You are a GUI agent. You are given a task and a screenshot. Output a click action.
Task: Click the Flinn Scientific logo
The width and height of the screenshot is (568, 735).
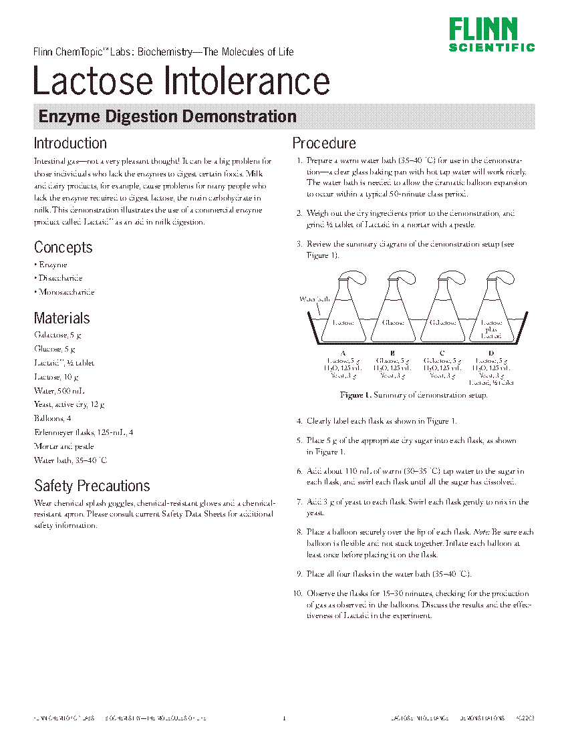pyautogui.click(x=491, y=35)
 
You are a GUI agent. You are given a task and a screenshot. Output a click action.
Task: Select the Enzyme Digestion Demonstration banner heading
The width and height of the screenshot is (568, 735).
pyautogui.click(x=168, y=116)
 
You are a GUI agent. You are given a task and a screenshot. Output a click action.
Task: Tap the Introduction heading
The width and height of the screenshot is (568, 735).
pyautogui.click(x=70, y=143)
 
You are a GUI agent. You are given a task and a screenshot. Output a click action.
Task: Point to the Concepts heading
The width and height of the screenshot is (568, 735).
pyautogui.click(x=63, y=247)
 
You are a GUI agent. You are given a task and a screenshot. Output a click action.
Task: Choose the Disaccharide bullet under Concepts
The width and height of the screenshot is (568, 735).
pyautogui.click(x=60, y=278)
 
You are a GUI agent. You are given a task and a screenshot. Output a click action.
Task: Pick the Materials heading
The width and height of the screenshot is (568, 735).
pyautogui.click(x=62, y=318)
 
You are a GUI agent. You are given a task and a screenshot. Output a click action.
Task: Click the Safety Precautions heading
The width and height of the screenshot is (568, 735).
pyautogui.click(x=92, y=486)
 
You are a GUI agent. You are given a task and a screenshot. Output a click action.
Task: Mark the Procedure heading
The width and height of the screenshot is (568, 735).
pyautogui.click(x=324, y=143)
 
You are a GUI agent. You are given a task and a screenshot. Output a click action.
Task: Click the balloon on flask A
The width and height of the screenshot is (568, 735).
pyautogui.click(x=353, y=279)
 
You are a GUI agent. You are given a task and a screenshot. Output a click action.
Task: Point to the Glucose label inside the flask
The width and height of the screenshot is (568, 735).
pyautogui.click(x=393, y=322)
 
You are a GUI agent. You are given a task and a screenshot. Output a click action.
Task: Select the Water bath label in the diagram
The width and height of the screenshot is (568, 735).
pyautogui.click(x=314, y=299)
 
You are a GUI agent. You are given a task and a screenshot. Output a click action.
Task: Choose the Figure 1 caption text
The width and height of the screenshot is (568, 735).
pyautogui.click(x=414, y=395)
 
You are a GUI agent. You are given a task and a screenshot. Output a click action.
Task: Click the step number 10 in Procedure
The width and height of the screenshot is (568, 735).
pyautogui.click(x=297, y=593)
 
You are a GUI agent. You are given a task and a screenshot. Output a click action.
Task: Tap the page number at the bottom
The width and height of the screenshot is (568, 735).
pyautogui.click(x=284, y=718)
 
